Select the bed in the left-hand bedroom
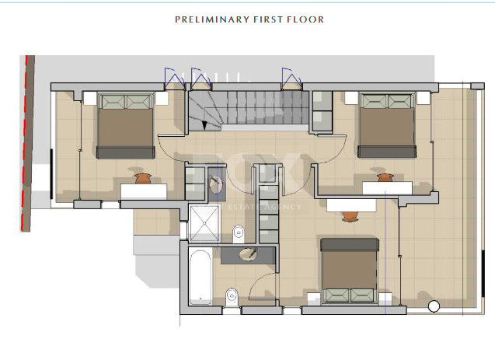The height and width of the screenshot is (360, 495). tap(124, 126)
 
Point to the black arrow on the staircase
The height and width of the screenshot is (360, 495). tap(205, 124)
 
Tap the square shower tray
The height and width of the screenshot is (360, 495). tap(206, 221)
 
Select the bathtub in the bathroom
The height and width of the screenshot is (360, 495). tap(200, 278)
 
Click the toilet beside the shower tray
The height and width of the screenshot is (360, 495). tap(239, 232)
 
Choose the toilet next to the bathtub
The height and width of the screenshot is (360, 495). tap(231, 295)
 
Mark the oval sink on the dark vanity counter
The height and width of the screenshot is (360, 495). tap(249, 253)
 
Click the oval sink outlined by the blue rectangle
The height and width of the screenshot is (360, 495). tap(216, 183)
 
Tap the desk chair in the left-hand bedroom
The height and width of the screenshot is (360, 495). tap(142, 179)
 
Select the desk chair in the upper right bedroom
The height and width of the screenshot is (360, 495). tap(385, 179)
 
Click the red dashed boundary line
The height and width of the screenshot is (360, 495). tap(26, 144)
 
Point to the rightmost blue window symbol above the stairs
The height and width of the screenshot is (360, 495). tap(291, 77)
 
